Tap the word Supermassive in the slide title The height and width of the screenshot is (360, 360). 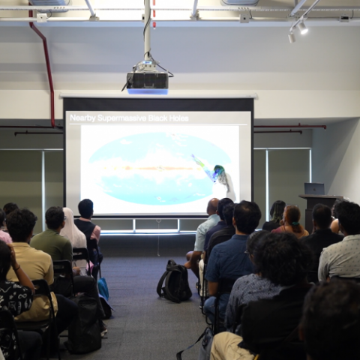(121, 118)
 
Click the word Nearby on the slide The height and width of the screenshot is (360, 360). (82, 118)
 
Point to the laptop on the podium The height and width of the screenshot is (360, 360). (314, 188)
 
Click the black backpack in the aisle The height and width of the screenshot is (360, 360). (174, 281)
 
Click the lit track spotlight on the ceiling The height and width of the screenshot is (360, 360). (303, 28)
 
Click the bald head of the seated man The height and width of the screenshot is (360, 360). (214, 206)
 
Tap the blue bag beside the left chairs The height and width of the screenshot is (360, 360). (103, 289)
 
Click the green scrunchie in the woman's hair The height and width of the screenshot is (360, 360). (295, 223)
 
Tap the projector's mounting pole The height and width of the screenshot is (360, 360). (147, 30)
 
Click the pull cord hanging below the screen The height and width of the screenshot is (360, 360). (158, 238)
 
